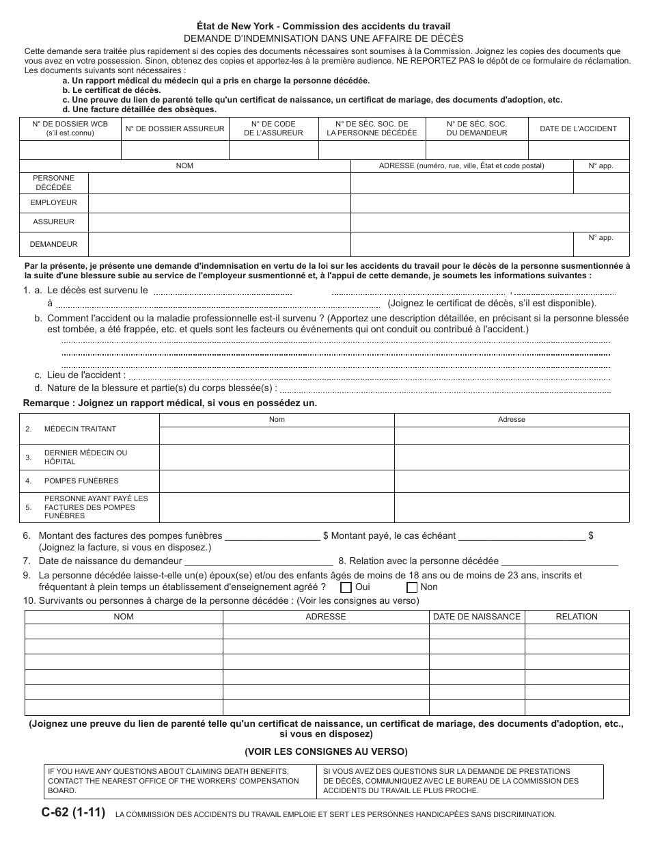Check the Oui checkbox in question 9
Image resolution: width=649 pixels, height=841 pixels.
coord(346,587)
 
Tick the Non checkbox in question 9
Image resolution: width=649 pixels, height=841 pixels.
coord(411,587)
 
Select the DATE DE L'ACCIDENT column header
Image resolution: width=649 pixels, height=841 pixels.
coord(578,129)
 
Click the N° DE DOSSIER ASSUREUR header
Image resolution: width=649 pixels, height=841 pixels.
coord(174,129)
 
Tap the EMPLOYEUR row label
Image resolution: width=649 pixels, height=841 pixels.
coord(54,203)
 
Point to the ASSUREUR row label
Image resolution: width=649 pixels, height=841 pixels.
coord(54,222)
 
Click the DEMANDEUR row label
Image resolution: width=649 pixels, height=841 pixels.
coord(54,244)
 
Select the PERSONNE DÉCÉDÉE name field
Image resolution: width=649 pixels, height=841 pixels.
coord(219,183)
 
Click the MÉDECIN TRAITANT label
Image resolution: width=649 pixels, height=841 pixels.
coord(80,429)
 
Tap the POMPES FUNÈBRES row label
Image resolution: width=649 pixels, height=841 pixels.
coord(81,481)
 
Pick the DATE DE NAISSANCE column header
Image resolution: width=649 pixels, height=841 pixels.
coord(476,617)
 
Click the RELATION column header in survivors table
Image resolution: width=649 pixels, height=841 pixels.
coord(577,617)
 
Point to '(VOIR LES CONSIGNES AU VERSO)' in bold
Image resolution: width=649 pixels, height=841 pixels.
coord(326,751)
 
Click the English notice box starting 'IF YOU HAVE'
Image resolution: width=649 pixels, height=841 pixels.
coord(180,782)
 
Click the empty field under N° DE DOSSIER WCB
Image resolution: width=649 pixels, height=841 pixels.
coord(70,150)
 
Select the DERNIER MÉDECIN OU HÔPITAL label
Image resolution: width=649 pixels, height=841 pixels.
coord(85,457)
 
